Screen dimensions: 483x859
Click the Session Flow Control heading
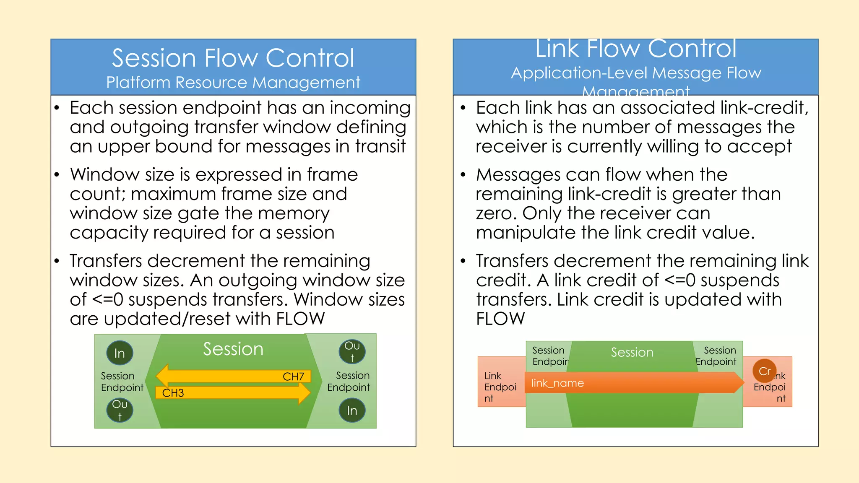tap(233, 58)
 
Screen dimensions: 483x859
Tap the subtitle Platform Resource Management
tap(233, 83)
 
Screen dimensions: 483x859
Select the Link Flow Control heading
tap(635, 49)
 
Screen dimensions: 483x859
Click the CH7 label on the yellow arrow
tap(293, 377)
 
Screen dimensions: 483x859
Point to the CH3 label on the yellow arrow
tap(173, 393)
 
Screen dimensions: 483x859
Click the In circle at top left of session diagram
tap(120, 353)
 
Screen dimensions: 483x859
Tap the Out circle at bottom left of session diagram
tap(120, 410)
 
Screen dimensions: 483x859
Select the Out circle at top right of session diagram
tap(352, 351)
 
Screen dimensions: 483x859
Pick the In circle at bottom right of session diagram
tap(352, 410)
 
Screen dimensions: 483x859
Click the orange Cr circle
tap(764, 371)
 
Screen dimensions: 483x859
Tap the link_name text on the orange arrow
tap(557, 383)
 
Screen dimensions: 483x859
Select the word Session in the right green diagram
tap(632, 352)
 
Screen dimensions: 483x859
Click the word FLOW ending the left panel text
tap(300, 319)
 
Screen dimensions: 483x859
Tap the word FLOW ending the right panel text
tap(500, 319)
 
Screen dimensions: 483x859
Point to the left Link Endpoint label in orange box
tap(500, 387)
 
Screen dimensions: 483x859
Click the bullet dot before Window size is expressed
tap(57, 175)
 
